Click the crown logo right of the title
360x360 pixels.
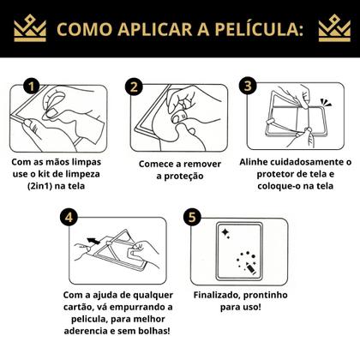[x=333, y=30]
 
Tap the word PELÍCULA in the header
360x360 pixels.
[x=255, y=31]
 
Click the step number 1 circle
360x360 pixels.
[x=32, y=87]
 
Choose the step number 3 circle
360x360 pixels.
[x=249, y=87]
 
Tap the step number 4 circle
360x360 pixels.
[x=73, y=218]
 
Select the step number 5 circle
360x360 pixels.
[x=192, y=218]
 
